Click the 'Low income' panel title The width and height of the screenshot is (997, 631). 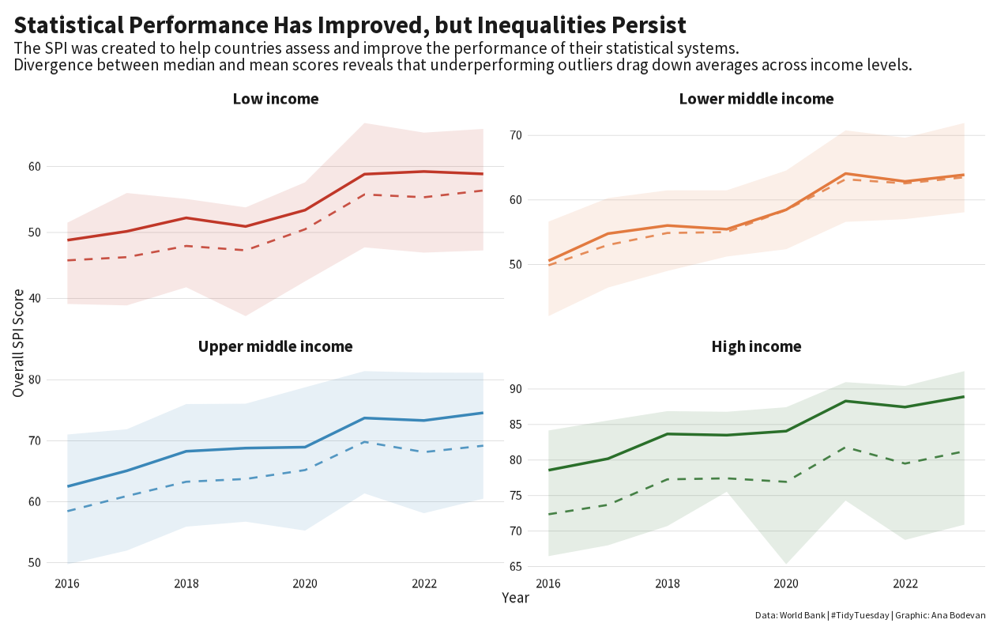point(276,99)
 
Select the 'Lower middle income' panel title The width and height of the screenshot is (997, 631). point(756,99)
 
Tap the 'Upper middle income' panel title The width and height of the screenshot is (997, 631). point(275,346)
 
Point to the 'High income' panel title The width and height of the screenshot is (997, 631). point(756,346)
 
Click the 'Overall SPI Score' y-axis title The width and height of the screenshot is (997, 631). point(18,342)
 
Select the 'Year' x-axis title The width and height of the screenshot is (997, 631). point(515,599)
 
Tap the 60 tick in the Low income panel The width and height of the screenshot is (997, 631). point(55,167)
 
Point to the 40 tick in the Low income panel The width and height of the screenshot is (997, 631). point(55,298)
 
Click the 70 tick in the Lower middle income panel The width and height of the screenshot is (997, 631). point(536,135)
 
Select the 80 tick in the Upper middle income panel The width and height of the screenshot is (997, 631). point(55,380)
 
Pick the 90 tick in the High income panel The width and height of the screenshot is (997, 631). point(536,389)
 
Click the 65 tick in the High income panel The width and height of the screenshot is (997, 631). point(536,567)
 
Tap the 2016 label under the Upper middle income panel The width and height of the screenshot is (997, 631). point(67,584)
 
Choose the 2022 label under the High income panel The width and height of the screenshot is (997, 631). point(905,584)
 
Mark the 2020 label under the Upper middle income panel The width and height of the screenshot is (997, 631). point(305,584)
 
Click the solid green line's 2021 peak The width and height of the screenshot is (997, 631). point(845,401)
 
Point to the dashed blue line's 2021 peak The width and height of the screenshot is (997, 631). point(364,441)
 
